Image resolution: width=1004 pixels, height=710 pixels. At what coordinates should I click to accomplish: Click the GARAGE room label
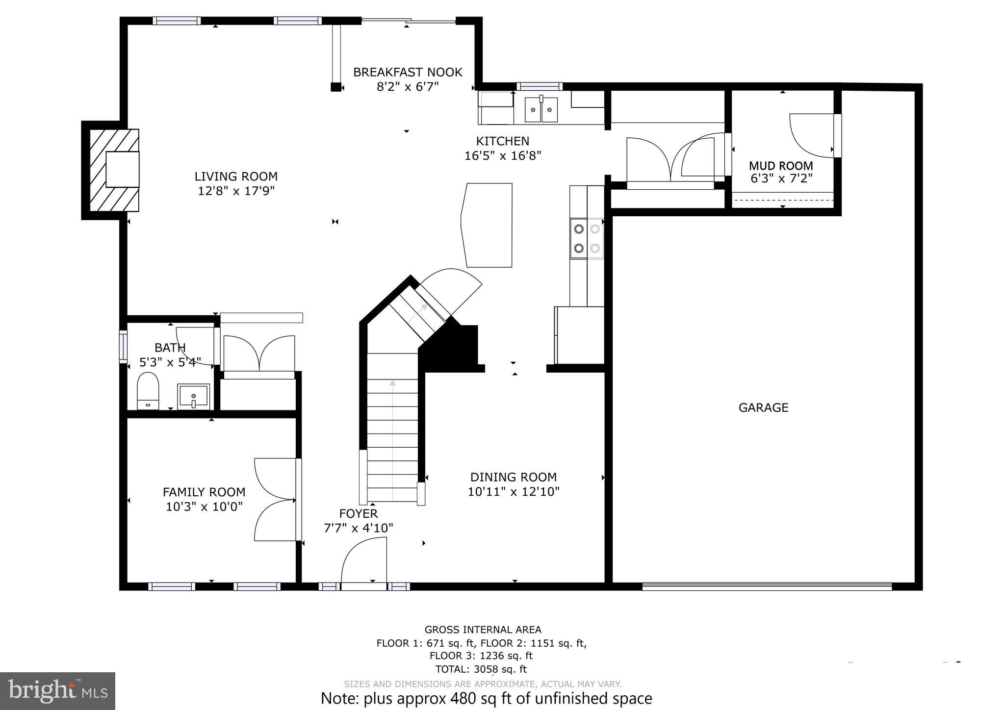pos(763,407)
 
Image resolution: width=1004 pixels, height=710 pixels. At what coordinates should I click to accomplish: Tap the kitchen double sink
pos(541,109)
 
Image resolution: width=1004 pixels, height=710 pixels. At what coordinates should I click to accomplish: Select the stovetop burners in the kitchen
pos(587,238)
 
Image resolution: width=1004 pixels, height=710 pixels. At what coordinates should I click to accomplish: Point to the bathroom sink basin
pos(193,395)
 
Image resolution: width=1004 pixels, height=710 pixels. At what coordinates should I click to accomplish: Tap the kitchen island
pos(487,225)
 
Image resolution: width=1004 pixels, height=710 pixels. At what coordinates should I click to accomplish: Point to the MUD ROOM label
pos(781,166)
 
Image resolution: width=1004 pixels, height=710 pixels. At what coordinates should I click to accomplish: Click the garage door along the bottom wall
pos(767,586)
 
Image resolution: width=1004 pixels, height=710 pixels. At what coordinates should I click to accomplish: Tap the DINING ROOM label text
pos(513,477)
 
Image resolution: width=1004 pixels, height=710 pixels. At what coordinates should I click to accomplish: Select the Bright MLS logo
pos(57,691)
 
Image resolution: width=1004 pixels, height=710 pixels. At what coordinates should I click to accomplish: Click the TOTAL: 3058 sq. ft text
pos(481,669)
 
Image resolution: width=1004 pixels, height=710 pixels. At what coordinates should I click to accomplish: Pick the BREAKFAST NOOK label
pos(408,73)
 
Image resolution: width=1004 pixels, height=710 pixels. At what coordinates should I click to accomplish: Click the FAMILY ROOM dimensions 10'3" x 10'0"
pos(204,507)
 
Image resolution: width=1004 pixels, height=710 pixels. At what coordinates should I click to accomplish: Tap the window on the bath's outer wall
pos(123,347)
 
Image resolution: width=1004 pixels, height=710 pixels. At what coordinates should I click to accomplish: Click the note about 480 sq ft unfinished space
pos(486,698)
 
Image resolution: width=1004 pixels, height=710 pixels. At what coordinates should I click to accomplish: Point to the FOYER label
pos(358,513)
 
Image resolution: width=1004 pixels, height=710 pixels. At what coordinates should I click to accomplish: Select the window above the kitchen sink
pos(540,87)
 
